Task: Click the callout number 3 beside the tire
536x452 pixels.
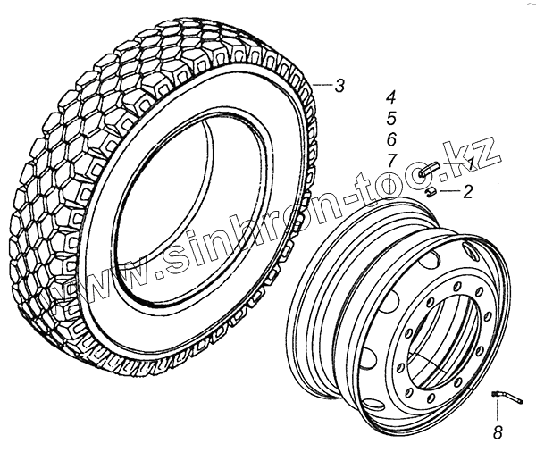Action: [x=339, y=87]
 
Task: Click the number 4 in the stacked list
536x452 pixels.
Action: [x=391, y=96]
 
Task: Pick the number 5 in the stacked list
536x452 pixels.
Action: [x=391, y=118]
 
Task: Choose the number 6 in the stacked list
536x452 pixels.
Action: [x=391, y=139]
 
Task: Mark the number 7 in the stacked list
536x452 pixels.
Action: [x=391, y=160]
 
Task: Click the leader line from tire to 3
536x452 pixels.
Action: [x=324, y=86]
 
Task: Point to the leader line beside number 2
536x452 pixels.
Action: [x=449, y=190]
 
